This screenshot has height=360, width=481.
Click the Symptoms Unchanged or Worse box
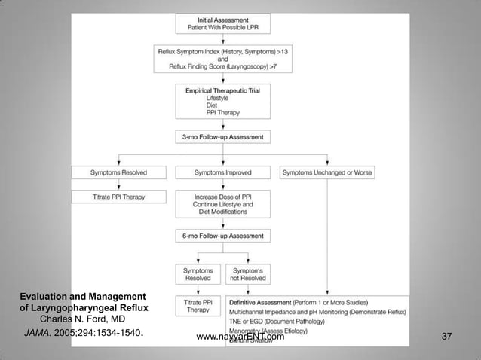[x=326, y=172]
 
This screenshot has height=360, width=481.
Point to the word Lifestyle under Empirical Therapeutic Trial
[x=199, y=98]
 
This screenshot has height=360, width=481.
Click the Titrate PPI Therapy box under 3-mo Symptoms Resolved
[x=120, y=197]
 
